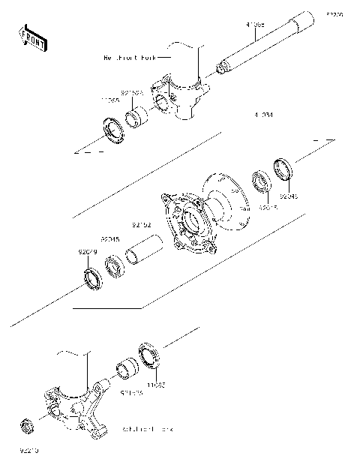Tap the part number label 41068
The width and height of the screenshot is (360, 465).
tap(255, 25)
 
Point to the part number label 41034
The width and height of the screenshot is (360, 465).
tap(262, 115)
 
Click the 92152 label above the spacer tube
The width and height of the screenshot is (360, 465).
tap(142, 223)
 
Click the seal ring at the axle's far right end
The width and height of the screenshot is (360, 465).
tap(284, 169)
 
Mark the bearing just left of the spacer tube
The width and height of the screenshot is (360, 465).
tap(115, 267)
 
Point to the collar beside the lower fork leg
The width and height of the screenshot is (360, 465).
tap(124, 371)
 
